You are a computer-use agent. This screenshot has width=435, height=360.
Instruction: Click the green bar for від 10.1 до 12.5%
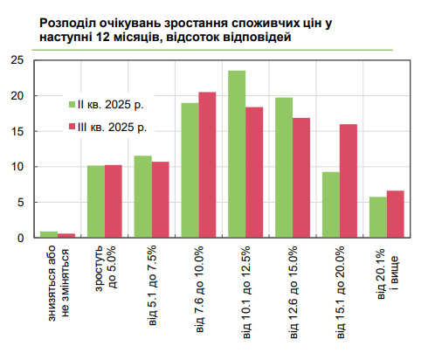[x=237, y=154]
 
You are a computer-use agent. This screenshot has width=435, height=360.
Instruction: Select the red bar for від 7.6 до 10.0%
[x=207, y=164]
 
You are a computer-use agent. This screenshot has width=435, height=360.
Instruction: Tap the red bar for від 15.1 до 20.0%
[x=349, y=181]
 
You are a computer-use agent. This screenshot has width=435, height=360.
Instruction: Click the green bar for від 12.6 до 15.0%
[x=284, y=167]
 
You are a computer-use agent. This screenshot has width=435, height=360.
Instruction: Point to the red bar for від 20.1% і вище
[x=395, y=214]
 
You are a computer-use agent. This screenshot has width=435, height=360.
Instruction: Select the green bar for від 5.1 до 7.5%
[x=142, y=197]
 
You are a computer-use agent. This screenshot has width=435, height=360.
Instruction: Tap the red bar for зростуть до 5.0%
[x=113, y=201]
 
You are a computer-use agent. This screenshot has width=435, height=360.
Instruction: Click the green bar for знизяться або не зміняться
[x=49, y=234]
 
